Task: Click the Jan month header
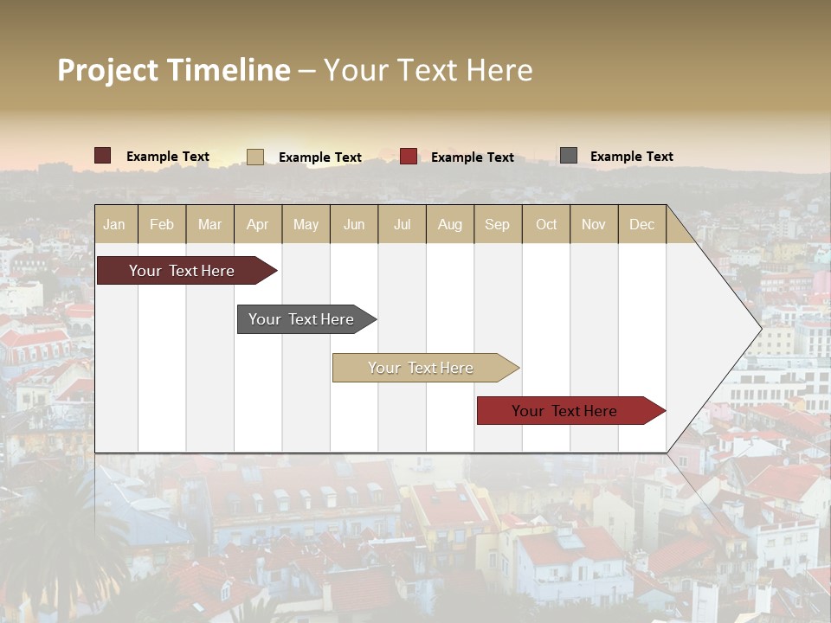click(114, 224)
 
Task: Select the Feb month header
click(162, 224)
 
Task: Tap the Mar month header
click(209, 224)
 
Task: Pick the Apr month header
click(258, 224)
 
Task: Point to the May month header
click(306, 224)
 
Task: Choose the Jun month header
click(354, 224)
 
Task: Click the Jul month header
click(402, 224)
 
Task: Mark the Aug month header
click(450, 224)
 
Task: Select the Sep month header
click(498, 224)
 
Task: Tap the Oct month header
click(546, 224)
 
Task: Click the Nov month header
click(594, 224)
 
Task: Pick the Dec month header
click(642, 224)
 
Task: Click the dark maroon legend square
click(103, 156)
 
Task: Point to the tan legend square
click(255, 157)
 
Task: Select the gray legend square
click(569, 156)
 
